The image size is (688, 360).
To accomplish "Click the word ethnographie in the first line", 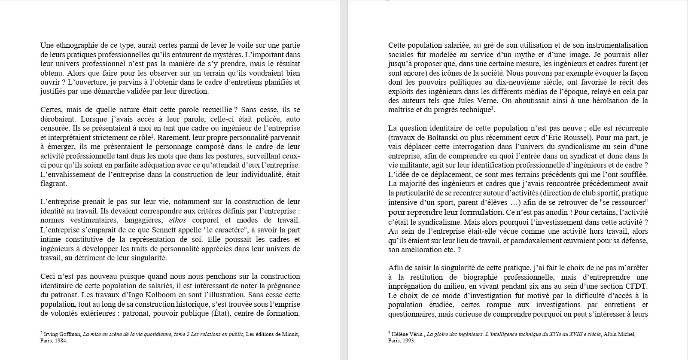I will coord(73,45).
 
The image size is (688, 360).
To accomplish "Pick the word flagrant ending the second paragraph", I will coord(53,184).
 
